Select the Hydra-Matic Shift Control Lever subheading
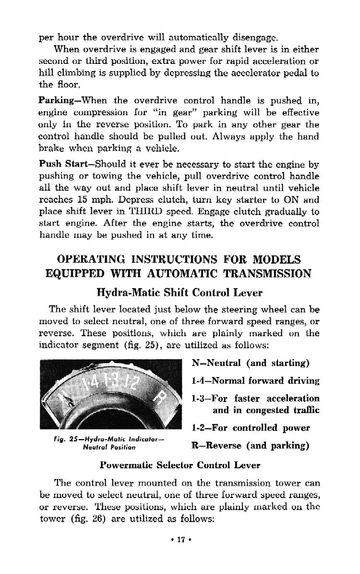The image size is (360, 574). click(x=180, y=292)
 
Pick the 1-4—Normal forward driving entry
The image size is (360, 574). click(x=255, y=380)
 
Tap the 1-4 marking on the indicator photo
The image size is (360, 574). click(x=90, y=384)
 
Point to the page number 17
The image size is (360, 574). click(x=180, y=541)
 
